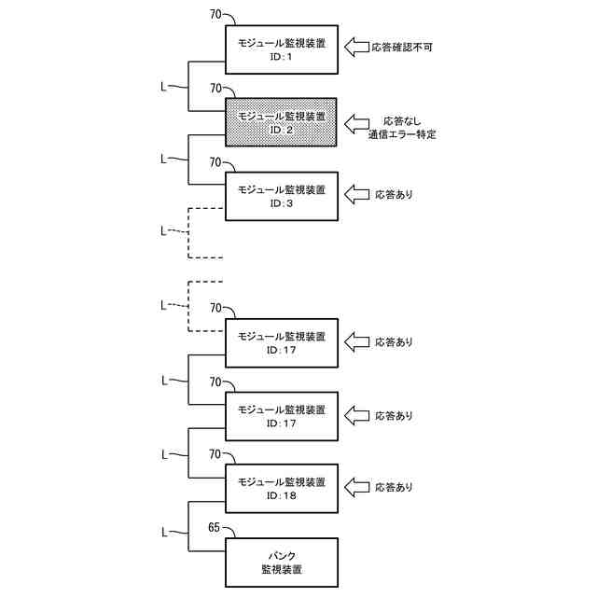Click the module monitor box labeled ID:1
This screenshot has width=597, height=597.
coord(281,49)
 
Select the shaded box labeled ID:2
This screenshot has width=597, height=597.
coord(281,122)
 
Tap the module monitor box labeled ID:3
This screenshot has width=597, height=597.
coord(281,195)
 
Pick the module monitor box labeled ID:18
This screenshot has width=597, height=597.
coord(281,488)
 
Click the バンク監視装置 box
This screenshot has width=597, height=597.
coord(281,561)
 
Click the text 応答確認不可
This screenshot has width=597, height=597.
coord(402,47)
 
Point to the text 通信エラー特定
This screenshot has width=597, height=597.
coord(402,135)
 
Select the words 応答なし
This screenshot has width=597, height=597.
coord(402,121)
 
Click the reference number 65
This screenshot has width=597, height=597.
coord(214,528)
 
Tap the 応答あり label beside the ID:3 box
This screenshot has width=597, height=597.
coord(394,195)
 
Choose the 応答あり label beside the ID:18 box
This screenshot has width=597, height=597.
coord(394,488)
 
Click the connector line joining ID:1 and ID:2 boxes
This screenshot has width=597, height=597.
coord(189,87)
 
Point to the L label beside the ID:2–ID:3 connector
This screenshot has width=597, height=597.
coord(164,160)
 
